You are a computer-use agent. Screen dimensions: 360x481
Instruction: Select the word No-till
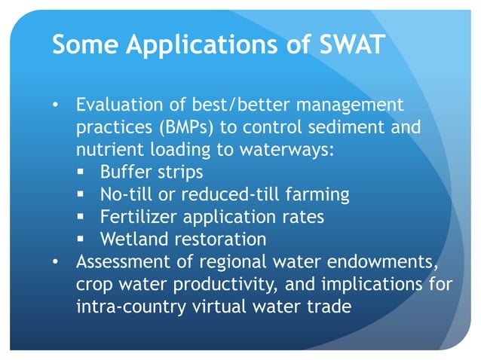point(124,195)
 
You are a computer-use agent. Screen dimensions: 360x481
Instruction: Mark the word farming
point(317,195)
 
